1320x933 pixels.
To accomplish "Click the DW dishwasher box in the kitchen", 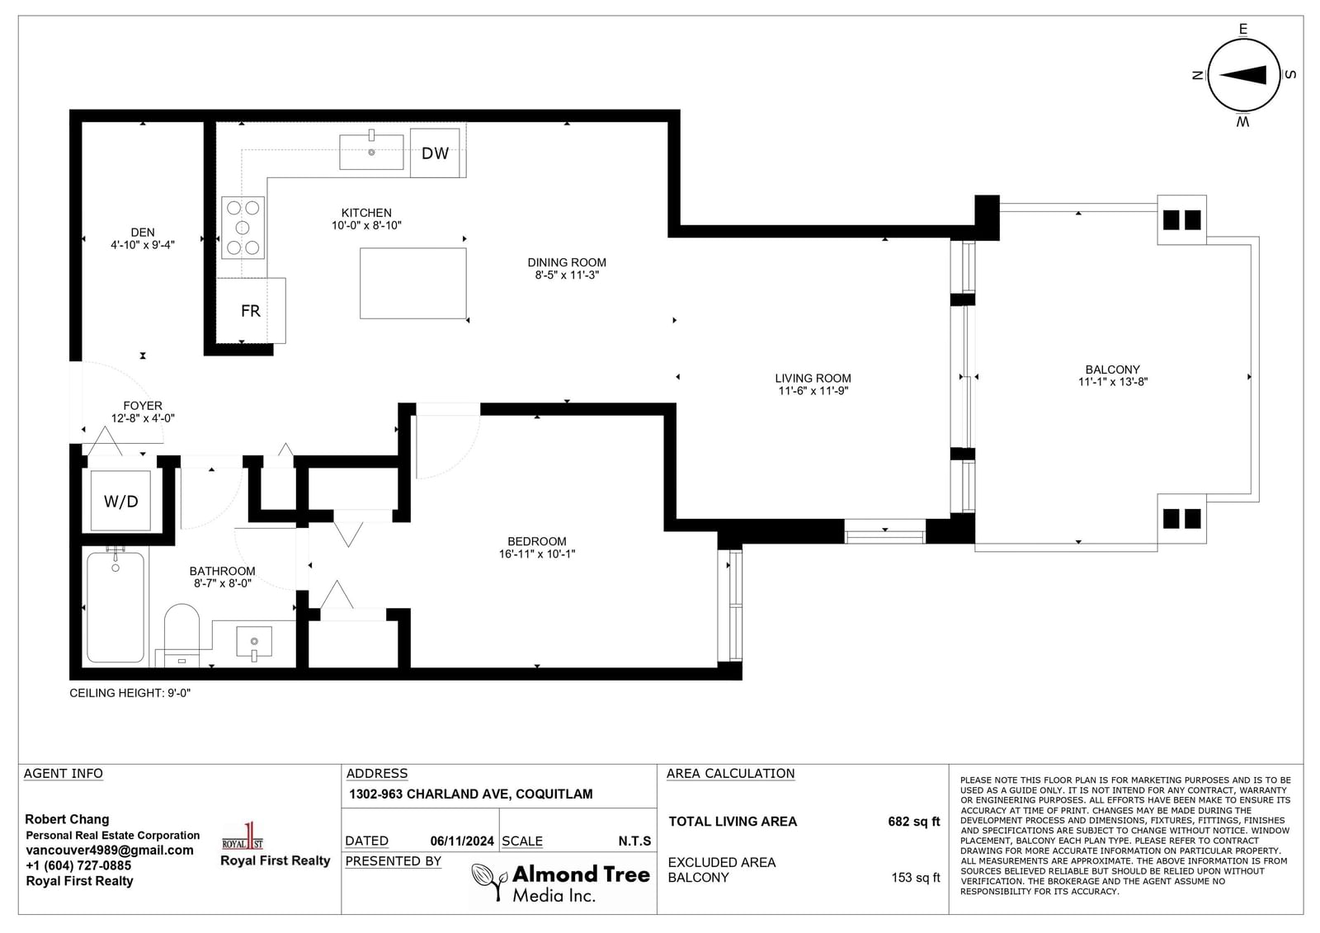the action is (435, 153).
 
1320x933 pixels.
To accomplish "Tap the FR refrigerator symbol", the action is (251, 311).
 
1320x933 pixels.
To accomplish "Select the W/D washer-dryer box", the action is (120, 501).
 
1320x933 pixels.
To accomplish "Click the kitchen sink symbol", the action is (371, 152).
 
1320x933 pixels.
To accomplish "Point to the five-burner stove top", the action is (243, 228).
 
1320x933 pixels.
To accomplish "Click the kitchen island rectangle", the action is (413, 284).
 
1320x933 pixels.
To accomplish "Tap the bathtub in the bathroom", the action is (115, 606).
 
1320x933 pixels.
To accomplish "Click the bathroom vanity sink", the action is (254, 643).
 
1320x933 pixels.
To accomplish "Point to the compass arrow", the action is (1242, 75).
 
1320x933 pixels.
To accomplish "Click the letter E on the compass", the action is (1243, 29).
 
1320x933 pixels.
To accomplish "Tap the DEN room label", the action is (143, 232).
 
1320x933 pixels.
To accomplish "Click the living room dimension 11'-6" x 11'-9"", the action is (813, 390).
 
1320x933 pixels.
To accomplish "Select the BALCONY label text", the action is (1113, 370).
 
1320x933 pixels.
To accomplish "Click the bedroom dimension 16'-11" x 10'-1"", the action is (537, 554).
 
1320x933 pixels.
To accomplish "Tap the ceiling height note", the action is (130, 693).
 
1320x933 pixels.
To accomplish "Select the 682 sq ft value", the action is (914, 822).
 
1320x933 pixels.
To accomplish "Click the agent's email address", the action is (110, 851).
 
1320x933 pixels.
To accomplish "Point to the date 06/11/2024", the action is (462, 841).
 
